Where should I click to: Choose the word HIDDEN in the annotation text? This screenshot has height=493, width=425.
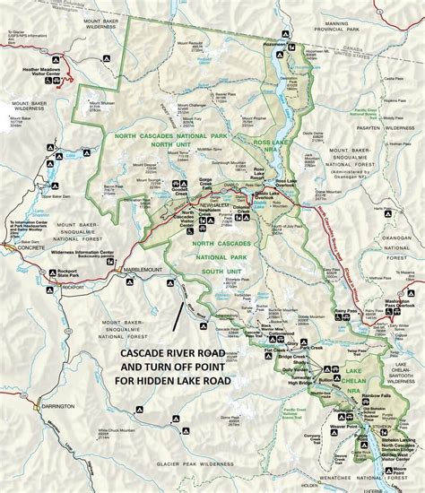tap(165, 380)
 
